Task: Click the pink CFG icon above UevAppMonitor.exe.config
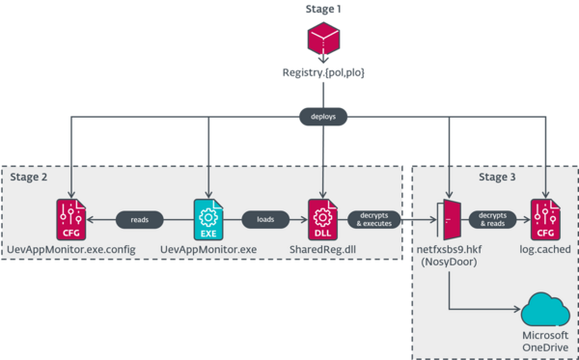point(71,218)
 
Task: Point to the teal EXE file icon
point(207,218)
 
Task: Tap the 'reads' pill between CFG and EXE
point(139,219)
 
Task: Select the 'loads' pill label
point(263,219)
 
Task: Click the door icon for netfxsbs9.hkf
point(449,218)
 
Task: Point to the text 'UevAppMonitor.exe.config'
point(71,249)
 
